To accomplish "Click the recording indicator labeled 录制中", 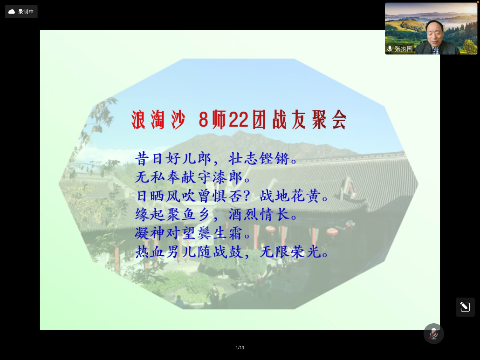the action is (21, 12).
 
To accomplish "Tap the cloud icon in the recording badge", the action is (12, 12).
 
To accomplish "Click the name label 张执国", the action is (403, 48).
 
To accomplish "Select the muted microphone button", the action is (433, 333).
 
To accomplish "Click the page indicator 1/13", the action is (240, 347).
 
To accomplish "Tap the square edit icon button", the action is (465, 307).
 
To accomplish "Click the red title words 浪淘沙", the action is (158, 120).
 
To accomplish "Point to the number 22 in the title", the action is (239, 120).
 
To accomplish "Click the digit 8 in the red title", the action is (203, 120).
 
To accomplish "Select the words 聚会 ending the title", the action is (329, 120).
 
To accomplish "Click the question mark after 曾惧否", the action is (247, 196).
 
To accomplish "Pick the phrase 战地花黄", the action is (290, 196).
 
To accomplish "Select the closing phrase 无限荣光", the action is (290, 252).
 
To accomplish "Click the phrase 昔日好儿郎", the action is (173, 158).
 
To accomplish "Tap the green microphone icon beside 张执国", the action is (390, 49).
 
